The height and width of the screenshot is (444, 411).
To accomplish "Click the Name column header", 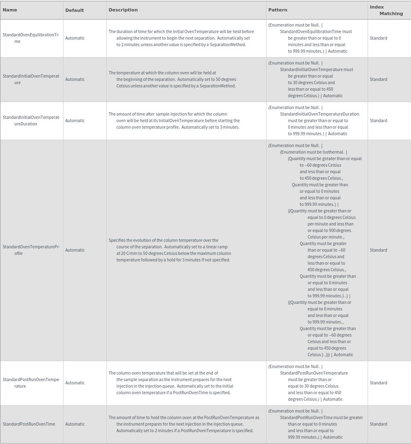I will pyautogui.click(x=10, y=10).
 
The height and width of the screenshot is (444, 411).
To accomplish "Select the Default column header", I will pyautogui.click(x=75, y=10).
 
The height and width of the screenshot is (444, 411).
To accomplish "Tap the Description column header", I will pyautogui.click(x=123, y=10).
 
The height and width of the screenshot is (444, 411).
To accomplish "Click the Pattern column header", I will pyautogui.click(x=278, y=10).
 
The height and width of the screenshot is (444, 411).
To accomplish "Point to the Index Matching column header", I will pyautogui.click(x=386, y=10).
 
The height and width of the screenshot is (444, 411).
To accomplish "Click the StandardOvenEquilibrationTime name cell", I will pyautogui.click(x=31, y=38).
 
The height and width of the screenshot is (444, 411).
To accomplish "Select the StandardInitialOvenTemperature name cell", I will pyautogui.click(x=32, y=79).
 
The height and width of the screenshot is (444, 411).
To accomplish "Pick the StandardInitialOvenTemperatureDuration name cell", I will pyautogui.click(x=32, y=120).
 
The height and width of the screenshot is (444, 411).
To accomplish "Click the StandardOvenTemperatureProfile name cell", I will pyautogui.click(x=32, y=250).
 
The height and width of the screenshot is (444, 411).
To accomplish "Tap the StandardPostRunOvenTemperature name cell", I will pyautogui.click(x=32, y=383).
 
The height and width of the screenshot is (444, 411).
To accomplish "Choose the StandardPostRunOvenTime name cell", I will pyautogui.click(x=29, y=424).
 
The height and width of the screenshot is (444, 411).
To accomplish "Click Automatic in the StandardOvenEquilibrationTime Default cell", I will pyautogui.click(x=75, y=38).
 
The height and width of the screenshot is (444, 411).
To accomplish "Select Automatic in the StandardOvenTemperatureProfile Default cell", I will pyautogui.click(x=75, y=250).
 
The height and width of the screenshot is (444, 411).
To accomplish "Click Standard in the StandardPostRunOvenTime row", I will pyautogui.click(x=378, y=424).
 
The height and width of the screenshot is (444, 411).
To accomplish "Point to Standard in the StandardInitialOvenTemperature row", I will pyautogui.click(x=378, y=79).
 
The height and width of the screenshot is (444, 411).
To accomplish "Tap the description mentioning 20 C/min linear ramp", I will pyautogui.click(x=170, y=250).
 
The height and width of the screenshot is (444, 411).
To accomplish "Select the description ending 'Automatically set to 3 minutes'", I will pyautogui.click(x=174, y=120).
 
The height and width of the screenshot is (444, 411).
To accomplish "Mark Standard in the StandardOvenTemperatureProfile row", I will pyautogui.click(x=378, y=250).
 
